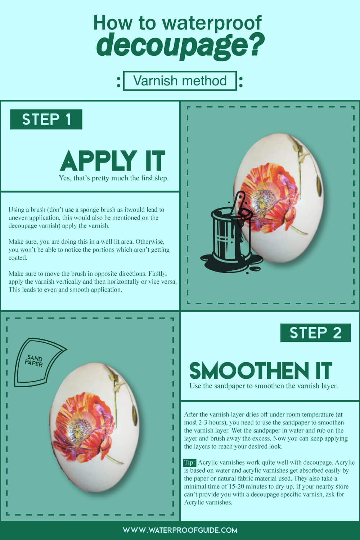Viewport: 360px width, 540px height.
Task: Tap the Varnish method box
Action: click(180, 81)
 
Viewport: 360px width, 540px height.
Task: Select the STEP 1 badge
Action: click(46, 120)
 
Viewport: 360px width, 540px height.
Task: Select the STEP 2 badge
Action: click(315, 333)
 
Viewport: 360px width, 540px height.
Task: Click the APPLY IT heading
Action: click(113, 161)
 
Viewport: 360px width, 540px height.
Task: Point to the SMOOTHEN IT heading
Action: click(260, 371)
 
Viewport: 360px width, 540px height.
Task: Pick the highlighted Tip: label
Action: click(189, 463)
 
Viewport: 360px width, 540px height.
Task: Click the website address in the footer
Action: click(180, 530)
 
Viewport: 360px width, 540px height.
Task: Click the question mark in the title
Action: click(256, 45)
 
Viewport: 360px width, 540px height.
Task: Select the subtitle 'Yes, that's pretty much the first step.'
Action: click(114, 178)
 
